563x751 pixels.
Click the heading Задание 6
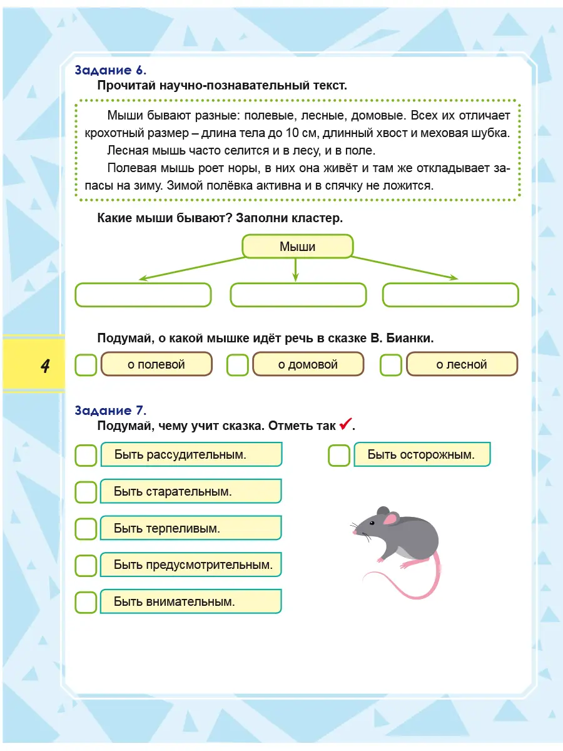click(x=110, y=70)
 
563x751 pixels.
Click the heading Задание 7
click(x=110, y=411)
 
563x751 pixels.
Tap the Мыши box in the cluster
click(x=297, y=247)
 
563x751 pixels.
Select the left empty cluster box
click(x=143, y=295)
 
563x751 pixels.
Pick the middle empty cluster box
click(x=298, y=295)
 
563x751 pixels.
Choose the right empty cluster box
click(x=450, y=295)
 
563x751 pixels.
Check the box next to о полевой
click(x=86, y=365)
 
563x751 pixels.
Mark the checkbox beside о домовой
click(x=238, y=365)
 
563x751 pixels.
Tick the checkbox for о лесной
click(x=391, y=365)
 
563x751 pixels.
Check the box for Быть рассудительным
click(x=86, y=455)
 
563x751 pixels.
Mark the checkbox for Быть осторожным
click(x=339, y=455)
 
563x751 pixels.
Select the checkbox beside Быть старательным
click(x=86, y=492)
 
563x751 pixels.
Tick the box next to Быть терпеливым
click(x=86, y=529)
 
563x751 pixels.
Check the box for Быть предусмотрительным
click(x=86, y=565)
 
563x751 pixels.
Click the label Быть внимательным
click(x=175, y=602)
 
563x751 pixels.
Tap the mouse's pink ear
click(x=391, y=518)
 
